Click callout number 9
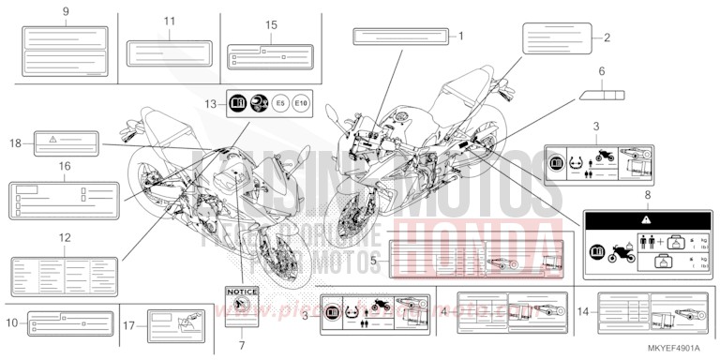[66, 10]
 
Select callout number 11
[169, 20]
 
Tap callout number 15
[272, 25]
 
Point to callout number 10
[11, 322]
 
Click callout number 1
[460, 37]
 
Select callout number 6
[603, 71]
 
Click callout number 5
[373, 258]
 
